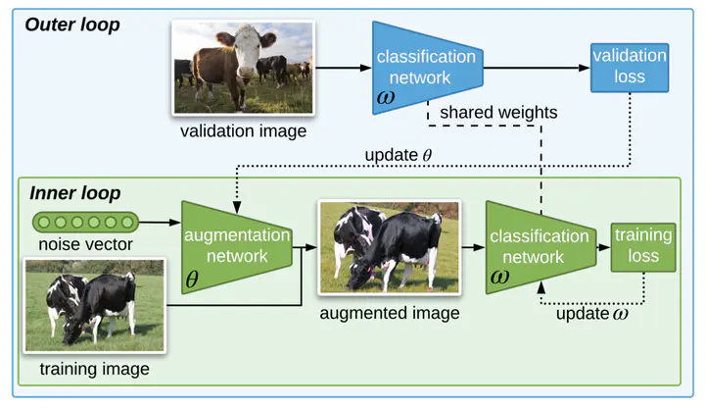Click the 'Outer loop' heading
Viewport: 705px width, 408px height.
click(x=72, y=25)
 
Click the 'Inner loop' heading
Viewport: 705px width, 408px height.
click(x=75, y=193)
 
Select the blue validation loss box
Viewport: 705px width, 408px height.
click(x=630, y=68)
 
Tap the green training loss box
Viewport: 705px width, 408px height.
click(x=643, y=247)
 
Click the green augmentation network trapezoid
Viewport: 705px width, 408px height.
click(x=237, y=247)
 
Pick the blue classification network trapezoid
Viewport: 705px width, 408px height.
click(x=428, y=68)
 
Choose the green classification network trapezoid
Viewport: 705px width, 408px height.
click(x=540, y=247)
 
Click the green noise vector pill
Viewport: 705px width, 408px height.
click(x=85, y=222)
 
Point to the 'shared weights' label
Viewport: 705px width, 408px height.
click(x=498, y=112)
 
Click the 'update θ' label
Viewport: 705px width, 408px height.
click(x=399, y=155)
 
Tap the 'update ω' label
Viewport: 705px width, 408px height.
click(x=592, y=314)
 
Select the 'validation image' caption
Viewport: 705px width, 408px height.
click(x=243, y=131)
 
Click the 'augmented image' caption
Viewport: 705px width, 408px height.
click(x=390, y=313)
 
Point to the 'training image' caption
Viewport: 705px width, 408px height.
click(x=94, y=369)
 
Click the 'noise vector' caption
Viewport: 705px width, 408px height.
click(x=85, y=244)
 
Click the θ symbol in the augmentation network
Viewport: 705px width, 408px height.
click(x=192, y=280)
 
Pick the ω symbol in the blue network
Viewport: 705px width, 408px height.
click(x=386, y=97)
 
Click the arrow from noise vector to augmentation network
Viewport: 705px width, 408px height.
click(x=160, y=222)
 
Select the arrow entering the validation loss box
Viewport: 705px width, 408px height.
click(x=537, y=68)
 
